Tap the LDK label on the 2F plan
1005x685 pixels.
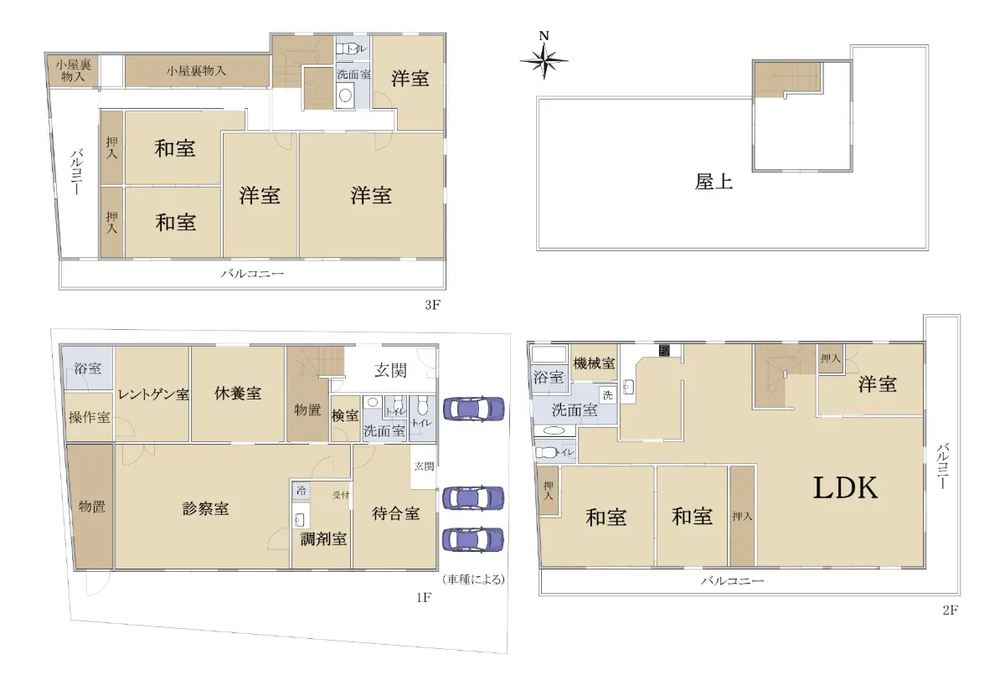845,488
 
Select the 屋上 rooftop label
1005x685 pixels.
714,182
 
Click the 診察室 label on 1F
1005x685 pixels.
205,508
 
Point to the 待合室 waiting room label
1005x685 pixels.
395,513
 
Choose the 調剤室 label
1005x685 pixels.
323,538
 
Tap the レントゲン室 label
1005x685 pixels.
153,394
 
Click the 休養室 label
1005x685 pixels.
238,394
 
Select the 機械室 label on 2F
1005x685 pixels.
594,363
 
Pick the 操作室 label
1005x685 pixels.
89,418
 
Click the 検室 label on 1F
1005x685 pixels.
345,416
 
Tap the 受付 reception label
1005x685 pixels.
341,495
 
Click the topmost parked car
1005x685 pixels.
474,409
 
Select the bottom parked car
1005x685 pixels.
473,539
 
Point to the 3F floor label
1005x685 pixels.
432,305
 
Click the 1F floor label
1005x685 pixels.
424,598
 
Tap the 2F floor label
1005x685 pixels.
951,610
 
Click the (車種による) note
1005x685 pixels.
474,579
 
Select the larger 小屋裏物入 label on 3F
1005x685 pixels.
196,71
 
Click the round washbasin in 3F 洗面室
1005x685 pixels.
345,95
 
